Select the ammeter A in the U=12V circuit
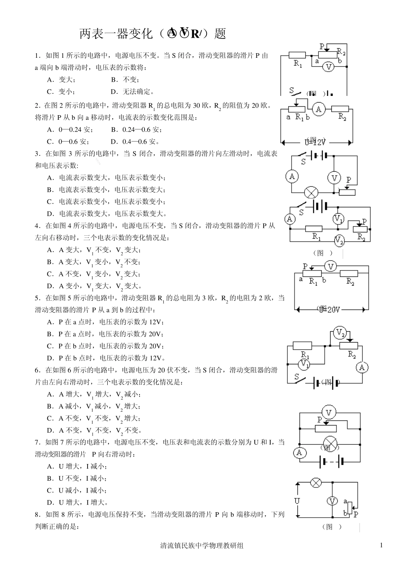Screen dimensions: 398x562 click(x=319, y=109)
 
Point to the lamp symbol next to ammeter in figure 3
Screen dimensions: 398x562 click(x=311, y=193)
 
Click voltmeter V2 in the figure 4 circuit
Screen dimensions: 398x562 click(x=339, y=241)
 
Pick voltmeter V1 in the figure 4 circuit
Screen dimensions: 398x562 click(x=339, y=219)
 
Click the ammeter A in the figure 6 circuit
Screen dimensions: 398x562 click(x=362, y=368)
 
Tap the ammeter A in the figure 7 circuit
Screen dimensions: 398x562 click(x=299, y=452)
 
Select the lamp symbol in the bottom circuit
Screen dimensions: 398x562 click(x=315, y=482)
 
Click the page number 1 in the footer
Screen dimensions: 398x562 click(x=381, y=545)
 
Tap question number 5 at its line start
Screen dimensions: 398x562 click(x=37, y=298)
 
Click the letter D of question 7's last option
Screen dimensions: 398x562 click(x=50, y=503)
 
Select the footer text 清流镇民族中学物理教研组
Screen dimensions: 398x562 click(x=202, y=546)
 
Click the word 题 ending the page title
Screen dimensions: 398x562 click(x=220, y=34)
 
